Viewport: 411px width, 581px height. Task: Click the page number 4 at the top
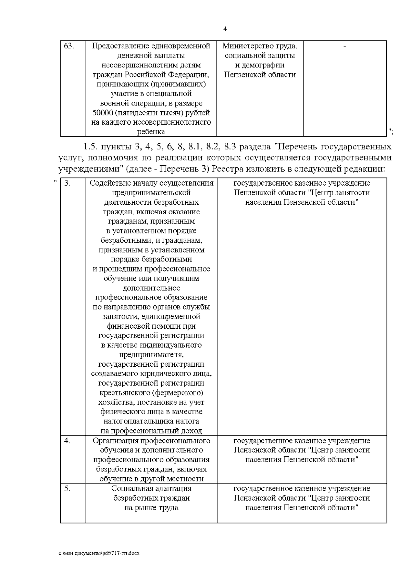225,29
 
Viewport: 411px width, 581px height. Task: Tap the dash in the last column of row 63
345,46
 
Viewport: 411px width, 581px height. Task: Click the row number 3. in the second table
67,183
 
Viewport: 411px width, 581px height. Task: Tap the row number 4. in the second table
67,441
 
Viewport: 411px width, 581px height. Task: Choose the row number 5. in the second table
67,489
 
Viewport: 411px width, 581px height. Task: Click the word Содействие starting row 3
108,183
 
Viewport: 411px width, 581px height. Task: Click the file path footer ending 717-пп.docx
99,553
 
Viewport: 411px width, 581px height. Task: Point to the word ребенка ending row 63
151,132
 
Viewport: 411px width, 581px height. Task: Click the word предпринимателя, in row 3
151,354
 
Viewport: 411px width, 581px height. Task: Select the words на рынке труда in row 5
151,508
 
